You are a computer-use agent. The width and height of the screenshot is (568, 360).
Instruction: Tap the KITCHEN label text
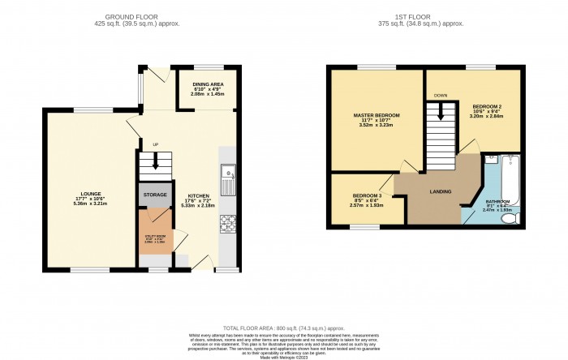199,196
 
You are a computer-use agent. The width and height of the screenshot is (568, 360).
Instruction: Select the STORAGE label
155,195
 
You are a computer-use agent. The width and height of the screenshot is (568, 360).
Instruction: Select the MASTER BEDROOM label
376,116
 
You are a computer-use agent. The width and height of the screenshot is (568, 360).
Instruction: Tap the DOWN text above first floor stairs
441,95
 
